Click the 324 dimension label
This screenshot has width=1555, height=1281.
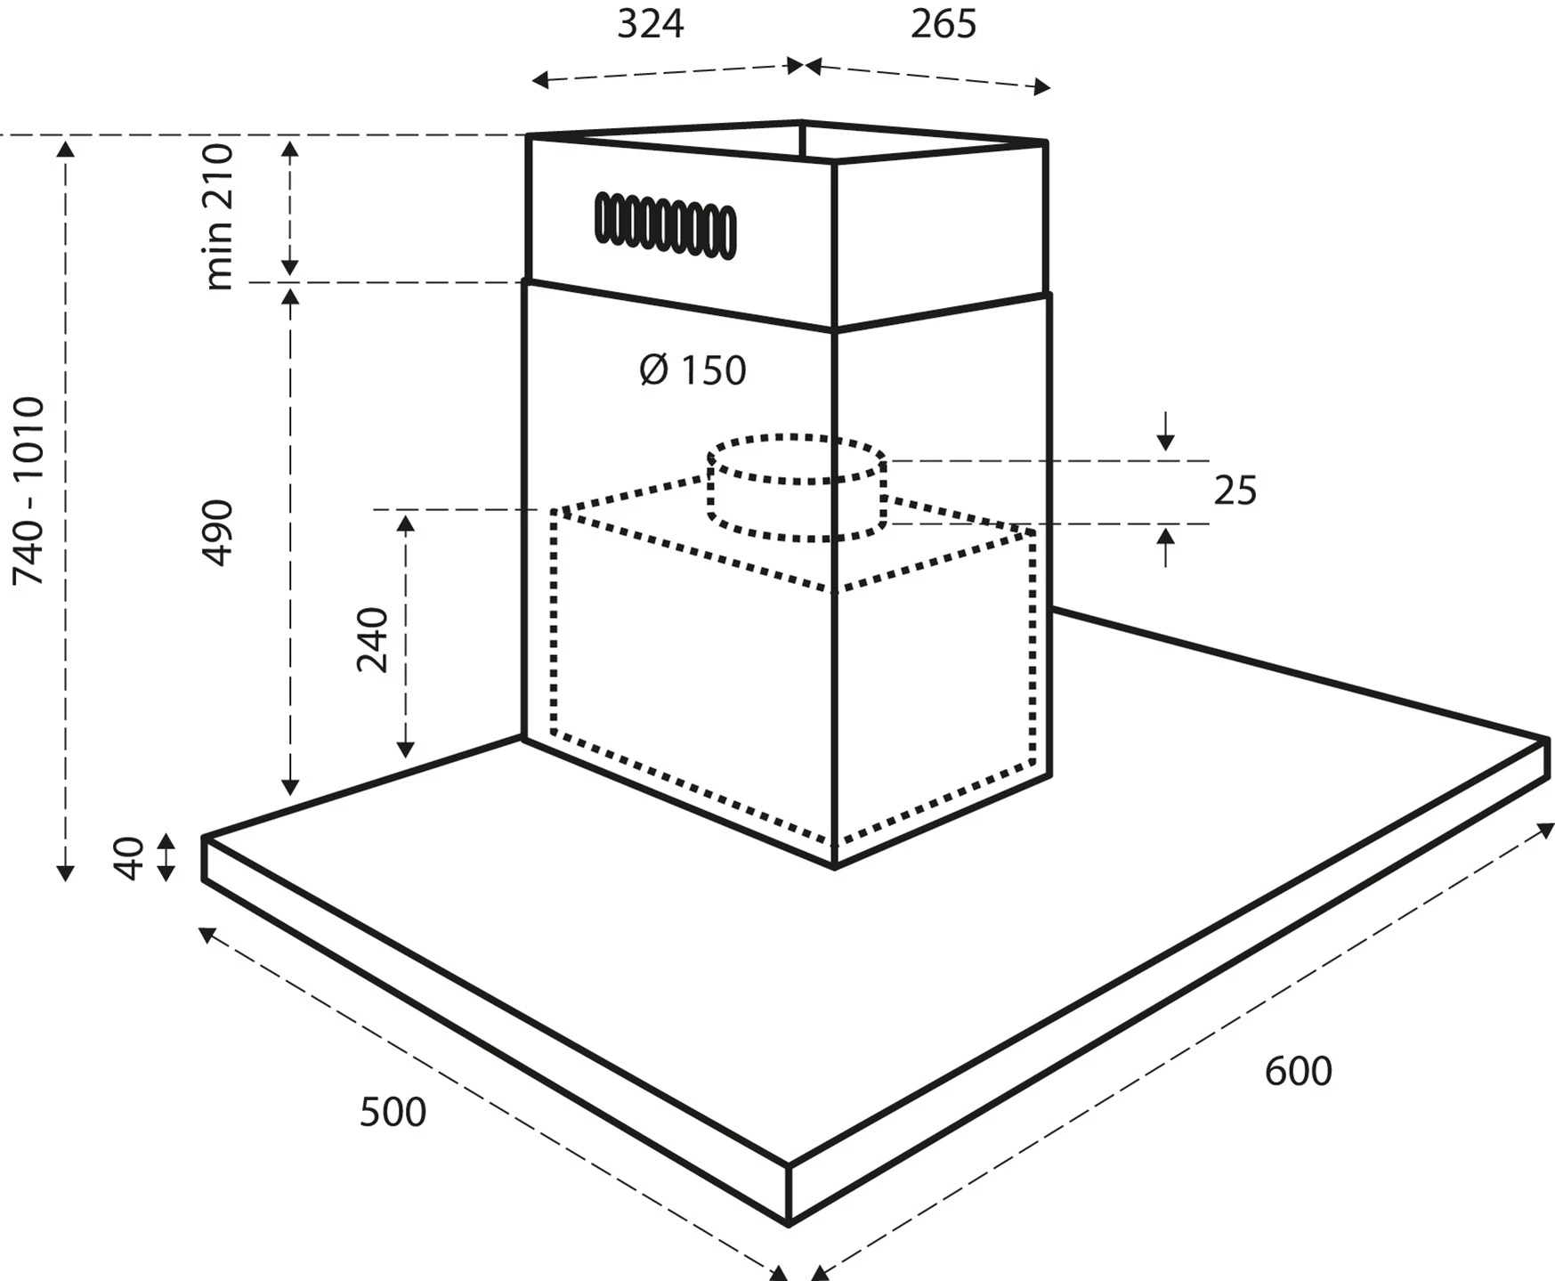(651, 25)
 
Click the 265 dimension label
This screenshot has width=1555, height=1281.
(943, 25)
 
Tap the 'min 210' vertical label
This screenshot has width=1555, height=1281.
(218, 216)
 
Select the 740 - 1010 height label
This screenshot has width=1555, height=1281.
(28, 491)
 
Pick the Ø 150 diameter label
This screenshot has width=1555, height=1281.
(693, 370)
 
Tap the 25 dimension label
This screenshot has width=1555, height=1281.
(1235, 491)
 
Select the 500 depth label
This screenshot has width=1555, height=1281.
(393, 1113)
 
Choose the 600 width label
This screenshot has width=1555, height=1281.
(1298, 1071)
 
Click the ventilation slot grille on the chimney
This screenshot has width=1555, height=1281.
(666, 225)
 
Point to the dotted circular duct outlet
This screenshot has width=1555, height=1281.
(797, 488)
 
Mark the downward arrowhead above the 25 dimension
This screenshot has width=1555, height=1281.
(1166, 442)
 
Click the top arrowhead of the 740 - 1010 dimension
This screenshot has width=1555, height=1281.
(65, 148)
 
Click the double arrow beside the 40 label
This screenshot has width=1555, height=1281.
(166, 857)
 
